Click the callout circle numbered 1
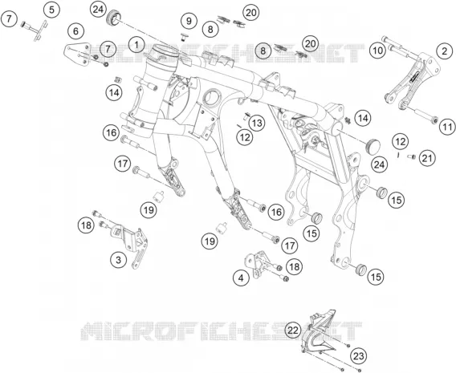[136, 45]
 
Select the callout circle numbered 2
[445, 51]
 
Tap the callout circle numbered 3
[118, 260]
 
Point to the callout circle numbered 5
[51, 10]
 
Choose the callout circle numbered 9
[189, 21]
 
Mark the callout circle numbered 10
[378, 51]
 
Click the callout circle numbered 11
[447, 127]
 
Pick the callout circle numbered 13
[257, 124]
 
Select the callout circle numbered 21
[427, 158]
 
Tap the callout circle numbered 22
[293, 330]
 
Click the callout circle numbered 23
[359, 356]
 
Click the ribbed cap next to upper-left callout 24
[113, 18]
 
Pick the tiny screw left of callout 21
[412, 157]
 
